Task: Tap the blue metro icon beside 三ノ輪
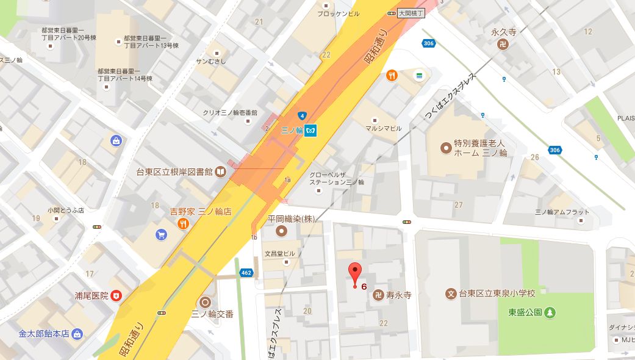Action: [312, 131]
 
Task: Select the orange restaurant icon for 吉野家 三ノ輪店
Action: [182, 224]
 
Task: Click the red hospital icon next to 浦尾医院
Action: [116, 295]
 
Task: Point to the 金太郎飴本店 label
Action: [43, 334]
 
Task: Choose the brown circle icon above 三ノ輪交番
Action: [205, 302]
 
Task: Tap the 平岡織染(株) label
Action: [299, 218]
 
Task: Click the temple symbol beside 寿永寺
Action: [378, 295]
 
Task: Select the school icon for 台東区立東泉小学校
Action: [452, 294]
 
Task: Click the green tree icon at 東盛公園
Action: [550, 312]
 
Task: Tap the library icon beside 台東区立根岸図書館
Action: [219, 171]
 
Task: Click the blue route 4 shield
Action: [301, 116]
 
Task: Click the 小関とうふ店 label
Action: [65, 211]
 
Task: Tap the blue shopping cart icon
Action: [161, 234]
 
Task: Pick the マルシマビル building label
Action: [384, 128]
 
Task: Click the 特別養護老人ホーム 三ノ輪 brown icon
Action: [447, 148]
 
